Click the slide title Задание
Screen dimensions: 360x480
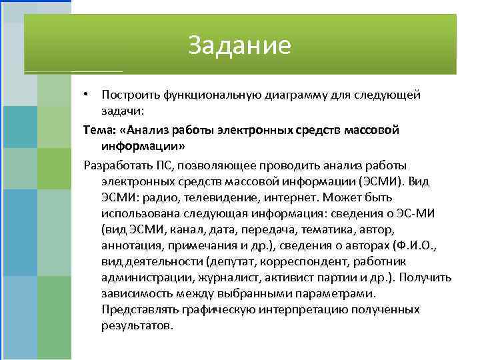239,45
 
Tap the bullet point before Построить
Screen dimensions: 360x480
87,95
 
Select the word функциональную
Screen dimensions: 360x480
204,95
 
